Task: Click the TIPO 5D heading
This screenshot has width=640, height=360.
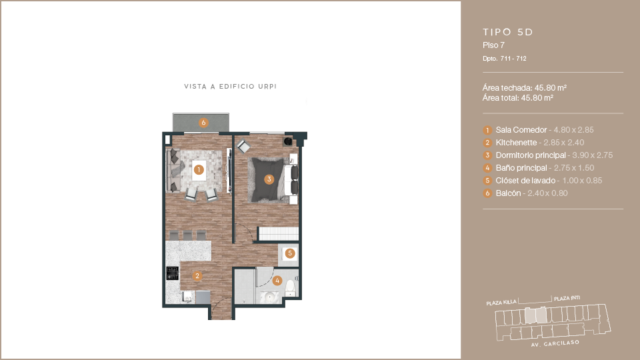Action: coord(508,32)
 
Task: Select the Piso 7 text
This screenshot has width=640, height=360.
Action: coord(493,45)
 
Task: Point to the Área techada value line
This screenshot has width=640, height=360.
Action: coord(525,88)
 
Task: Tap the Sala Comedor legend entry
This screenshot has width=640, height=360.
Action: coord(539,130)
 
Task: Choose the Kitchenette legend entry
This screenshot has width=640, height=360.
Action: coord(533,143)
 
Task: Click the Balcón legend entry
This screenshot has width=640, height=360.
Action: coord(525,193)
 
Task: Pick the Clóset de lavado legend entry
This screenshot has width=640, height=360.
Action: coord(543,181)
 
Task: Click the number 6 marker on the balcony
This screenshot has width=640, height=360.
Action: coord(203,123)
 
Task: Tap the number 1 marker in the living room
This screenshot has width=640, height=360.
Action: coord(199,169)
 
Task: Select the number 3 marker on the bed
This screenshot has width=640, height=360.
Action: coord(269,179)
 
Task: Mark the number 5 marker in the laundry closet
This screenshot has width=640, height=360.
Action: coord(290,253)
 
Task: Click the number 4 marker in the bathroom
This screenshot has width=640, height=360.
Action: coord(277,281)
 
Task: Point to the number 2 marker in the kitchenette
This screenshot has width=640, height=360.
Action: coord(197,276)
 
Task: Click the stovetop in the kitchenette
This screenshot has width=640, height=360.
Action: coord(173,273)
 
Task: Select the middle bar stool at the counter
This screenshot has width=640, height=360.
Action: coord(188,235)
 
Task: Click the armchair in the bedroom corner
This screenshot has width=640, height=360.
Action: coord(244,147)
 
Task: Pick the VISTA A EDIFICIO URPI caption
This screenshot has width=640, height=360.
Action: coord(230,87)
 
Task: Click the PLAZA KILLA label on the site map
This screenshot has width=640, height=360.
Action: coord(501,303)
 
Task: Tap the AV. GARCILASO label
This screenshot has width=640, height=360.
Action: coord(555,344)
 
